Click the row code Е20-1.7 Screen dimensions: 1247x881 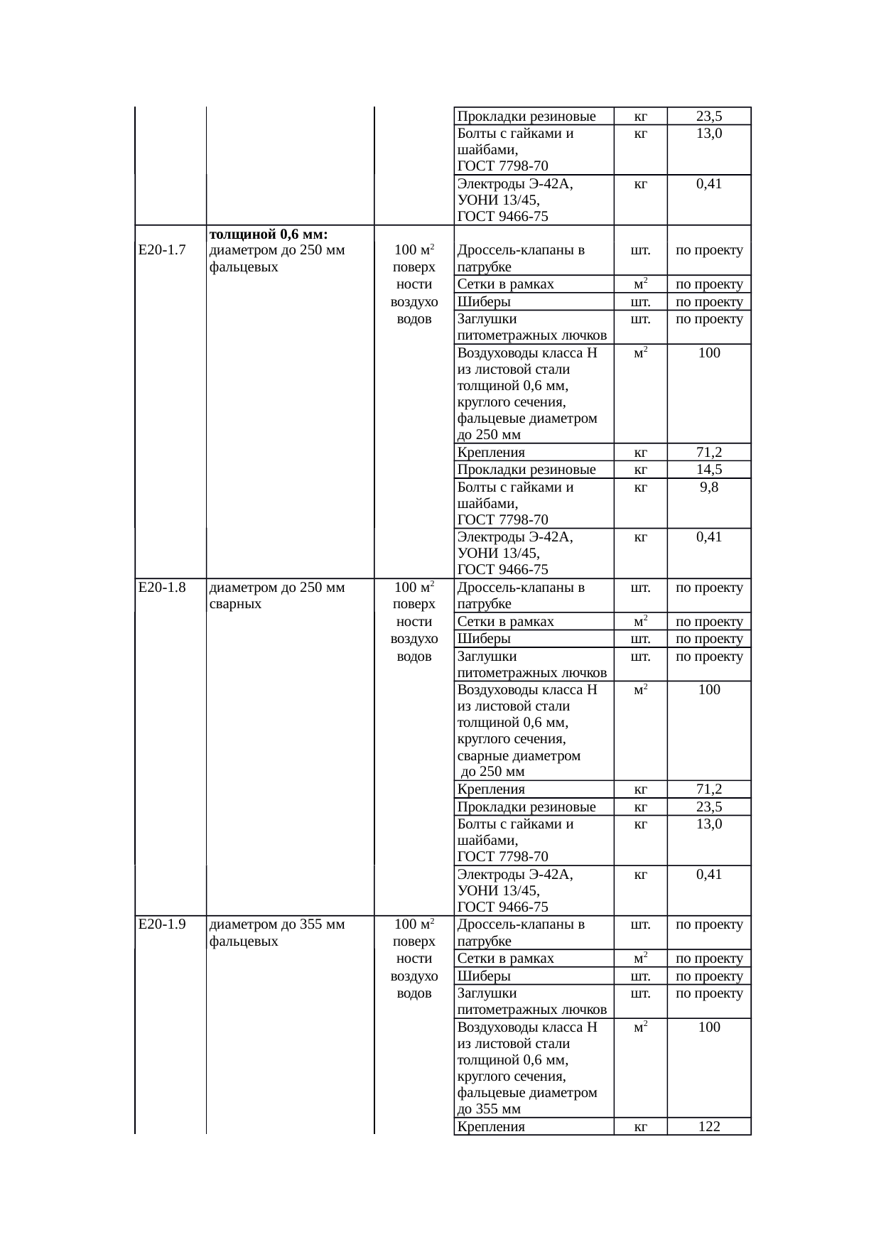tap(162, 250)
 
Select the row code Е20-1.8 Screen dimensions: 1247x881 tap(162, 588)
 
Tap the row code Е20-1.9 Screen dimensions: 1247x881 tap(162, 924)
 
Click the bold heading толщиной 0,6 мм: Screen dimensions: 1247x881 tap(269, 234)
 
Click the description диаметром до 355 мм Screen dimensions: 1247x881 tap(277, 924)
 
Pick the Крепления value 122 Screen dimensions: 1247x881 tap(708, 1126)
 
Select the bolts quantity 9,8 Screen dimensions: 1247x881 tap(708, 487)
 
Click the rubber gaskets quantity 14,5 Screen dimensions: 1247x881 tap(708, 470)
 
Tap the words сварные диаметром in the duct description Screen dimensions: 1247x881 tap(519, 756)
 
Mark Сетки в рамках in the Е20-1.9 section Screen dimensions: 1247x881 tap(505, 959)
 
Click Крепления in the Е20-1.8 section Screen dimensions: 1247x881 tap(491, 789)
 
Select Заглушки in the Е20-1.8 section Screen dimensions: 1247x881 tap(487, 657)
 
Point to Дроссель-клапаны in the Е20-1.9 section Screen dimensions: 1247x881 tap(521, 924)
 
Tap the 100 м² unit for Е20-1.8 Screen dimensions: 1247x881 tap(414, 588)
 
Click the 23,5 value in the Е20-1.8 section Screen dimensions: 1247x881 tap(708, 807)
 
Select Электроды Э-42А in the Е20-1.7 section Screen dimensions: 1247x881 tap(515, 538)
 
